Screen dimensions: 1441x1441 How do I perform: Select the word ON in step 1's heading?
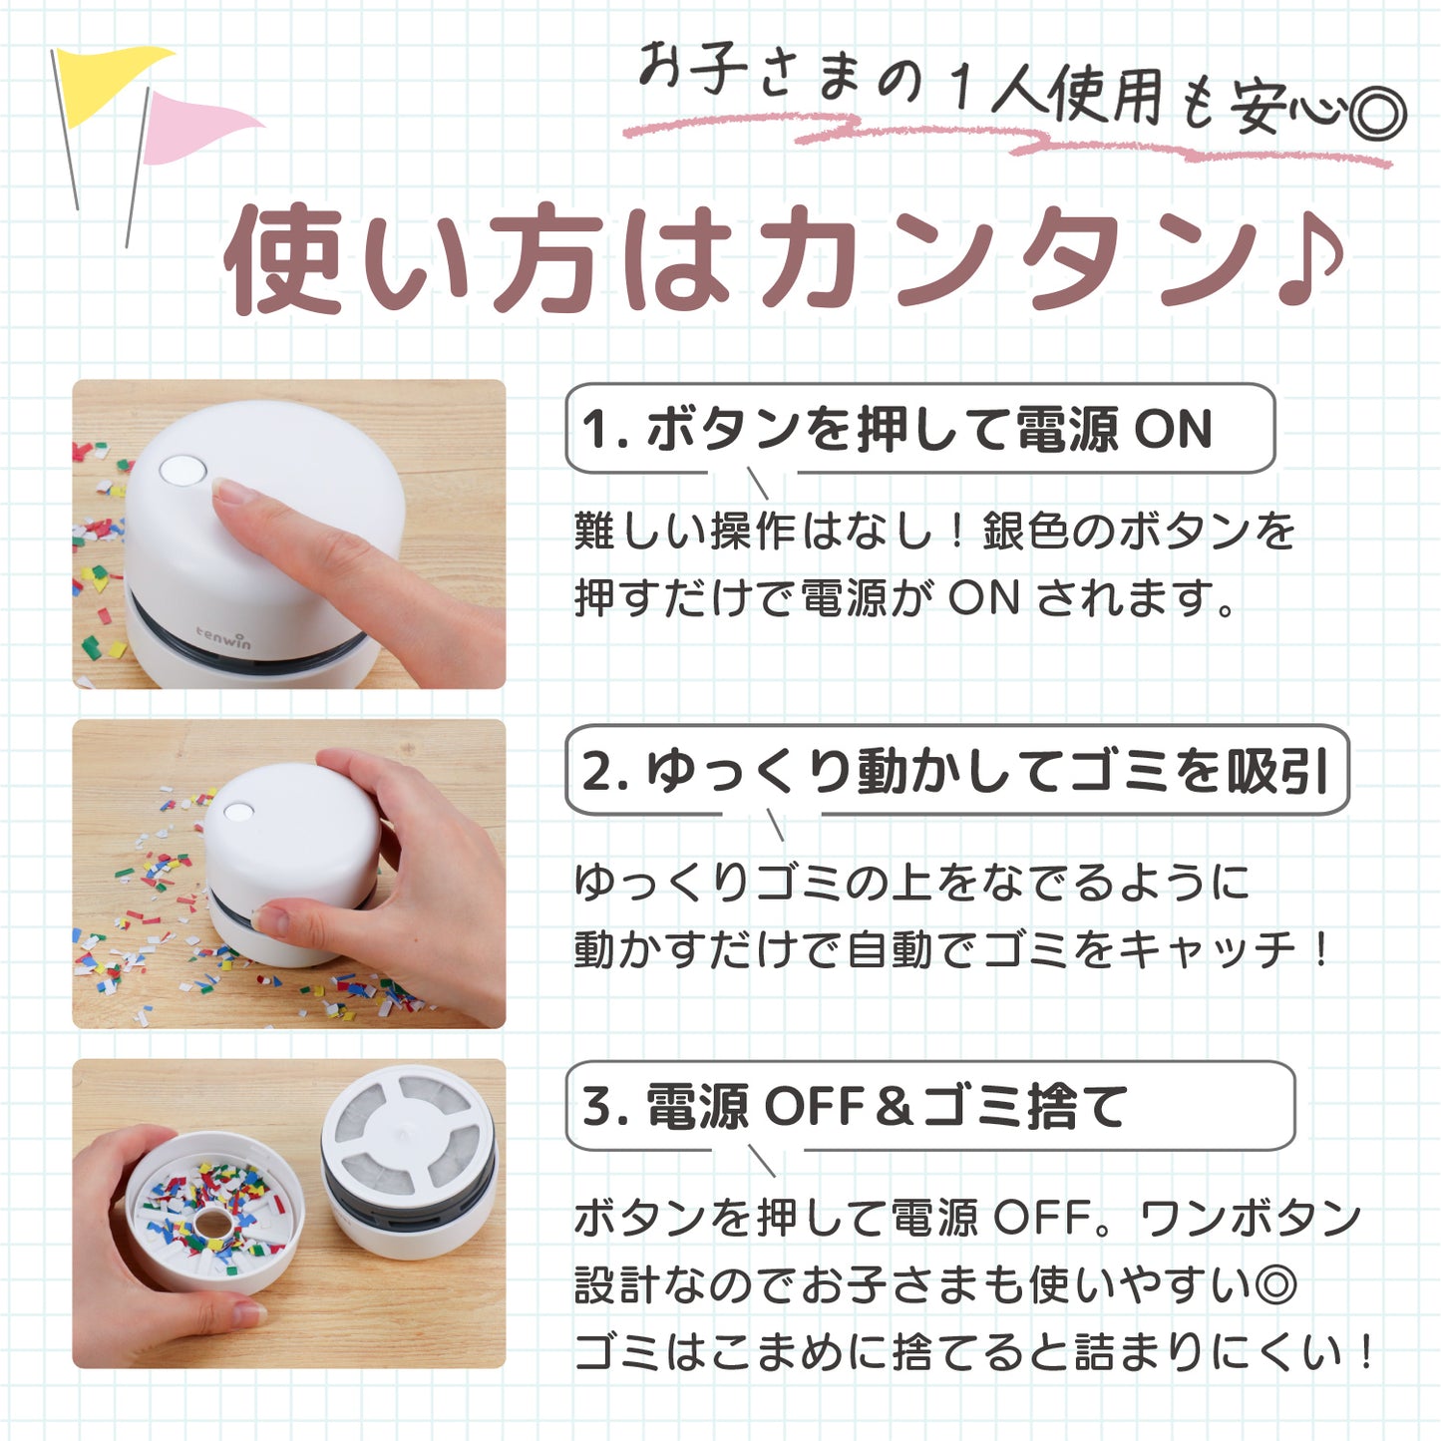click(1173, 430)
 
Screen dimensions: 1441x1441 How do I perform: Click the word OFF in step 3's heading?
click(815, 1108)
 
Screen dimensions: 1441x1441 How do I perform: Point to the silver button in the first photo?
click(182, 471)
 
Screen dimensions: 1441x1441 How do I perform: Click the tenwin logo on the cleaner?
click(222, 638)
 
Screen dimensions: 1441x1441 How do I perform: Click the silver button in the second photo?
click(237, 812)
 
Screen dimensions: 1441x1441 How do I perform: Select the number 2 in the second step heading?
click(596, 772)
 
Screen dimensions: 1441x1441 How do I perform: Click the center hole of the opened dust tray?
click(212, 1224)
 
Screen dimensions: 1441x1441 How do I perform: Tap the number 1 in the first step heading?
click(594, 430)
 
